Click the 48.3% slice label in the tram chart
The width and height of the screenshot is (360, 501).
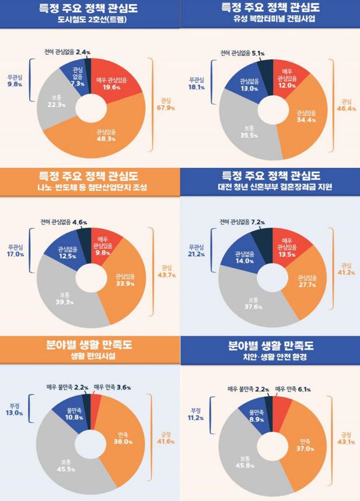[105, 135]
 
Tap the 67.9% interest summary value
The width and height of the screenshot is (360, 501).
[164, 105]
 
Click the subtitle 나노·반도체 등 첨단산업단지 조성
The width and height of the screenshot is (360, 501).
[90, 186]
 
